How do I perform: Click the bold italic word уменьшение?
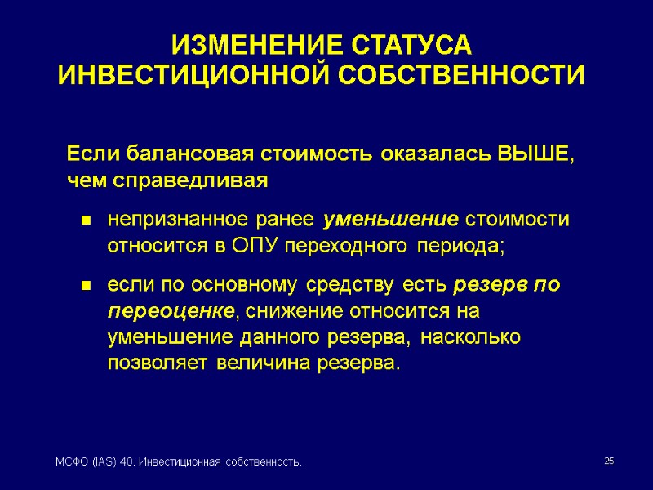pyautogui.click(x=391, y=220)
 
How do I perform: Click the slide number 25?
pyautogui.click(x=608, y=462)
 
